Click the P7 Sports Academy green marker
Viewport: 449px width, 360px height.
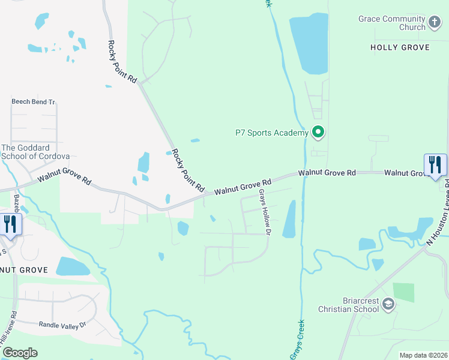pos(318,131)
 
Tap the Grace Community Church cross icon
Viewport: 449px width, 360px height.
pos(435,23)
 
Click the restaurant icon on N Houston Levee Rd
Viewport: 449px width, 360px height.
pos(435,165)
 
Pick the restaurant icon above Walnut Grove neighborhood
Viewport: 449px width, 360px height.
pos(10,224)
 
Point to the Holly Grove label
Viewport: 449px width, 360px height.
pos(399,47)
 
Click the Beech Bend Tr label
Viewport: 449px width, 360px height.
pos(33,102)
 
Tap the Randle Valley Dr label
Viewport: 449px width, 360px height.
pos(63,325)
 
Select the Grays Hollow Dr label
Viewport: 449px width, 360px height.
pos(265,212)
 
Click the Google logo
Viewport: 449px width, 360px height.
pos(19,352)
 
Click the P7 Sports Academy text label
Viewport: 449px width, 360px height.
pos(271,133)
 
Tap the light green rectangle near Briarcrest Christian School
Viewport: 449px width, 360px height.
pos(403,292)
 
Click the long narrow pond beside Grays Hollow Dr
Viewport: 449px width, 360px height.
pos(289,218)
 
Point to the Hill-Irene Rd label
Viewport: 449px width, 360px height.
pos(10,334)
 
